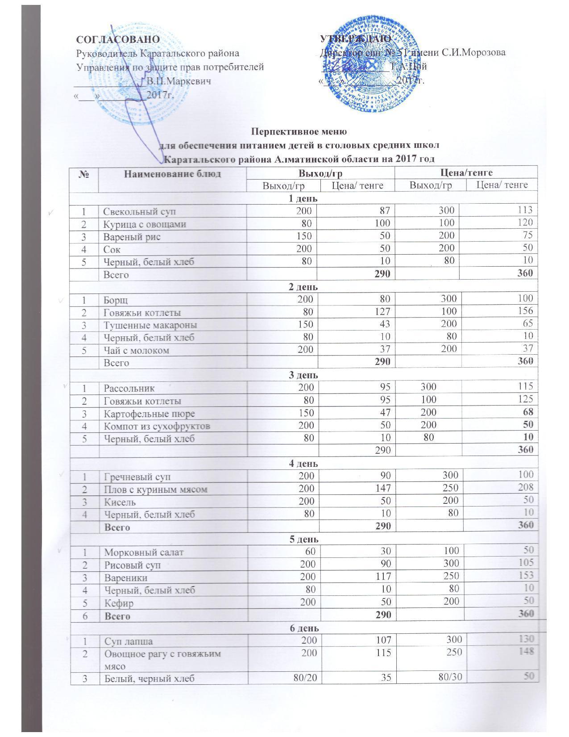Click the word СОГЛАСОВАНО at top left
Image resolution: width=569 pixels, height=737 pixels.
pos(118,39)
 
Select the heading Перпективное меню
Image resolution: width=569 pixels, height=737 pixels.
pos(299,132)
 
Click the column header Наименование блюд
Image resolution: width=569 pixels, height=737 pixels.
pos(172,174)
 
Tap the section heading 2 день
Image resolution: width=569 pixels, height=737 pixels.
pos(304,287)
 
